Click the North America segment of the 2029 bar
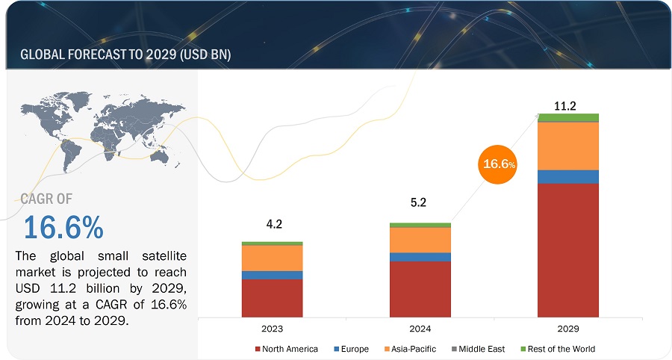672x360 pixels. (568, 249)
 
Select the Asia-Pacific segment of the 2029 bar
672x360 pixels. (568, 146)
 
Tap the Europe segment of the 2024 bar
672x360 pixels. (420, 257)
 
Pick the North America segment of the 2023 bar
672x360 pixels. (272, 297)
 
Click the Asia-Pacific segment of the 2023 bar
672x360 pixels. (272, 258)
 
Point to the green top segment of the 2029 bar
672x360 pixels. (568, 117)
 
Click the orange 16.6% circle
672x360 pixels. (498, 164)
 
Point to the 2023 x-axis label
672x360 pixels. (272, 329)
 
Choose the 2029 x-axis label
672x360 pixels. (568, 329)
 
